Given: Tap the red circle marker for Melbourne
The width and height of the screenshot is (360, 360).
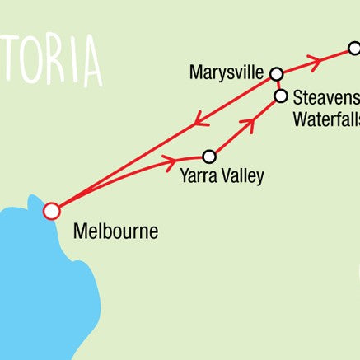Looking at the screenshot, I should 51,211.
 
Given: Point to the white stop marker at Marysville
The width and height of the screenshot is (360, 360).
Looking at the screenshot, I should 276,72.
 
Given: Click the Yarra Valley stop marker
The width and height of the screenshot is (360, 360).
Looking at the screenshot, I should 209,156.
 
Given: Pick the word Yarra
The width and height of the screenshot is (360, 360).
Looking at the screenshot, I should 199,175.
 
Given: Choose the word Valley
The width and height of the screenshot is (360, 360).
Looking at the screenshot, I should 243,175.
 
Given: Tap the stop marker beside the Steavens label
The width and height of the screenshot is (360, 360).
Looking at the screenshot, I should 281,97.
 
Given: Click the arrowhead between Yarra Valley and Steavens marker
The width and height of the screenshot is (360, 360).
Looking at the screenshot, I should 245,124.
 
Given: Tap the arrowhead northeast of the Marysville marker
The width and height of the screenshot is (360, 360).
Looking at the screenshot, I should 314,59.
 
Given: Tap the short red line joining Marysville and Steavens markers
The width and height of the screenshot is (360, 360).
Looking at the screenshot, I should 278,85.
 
